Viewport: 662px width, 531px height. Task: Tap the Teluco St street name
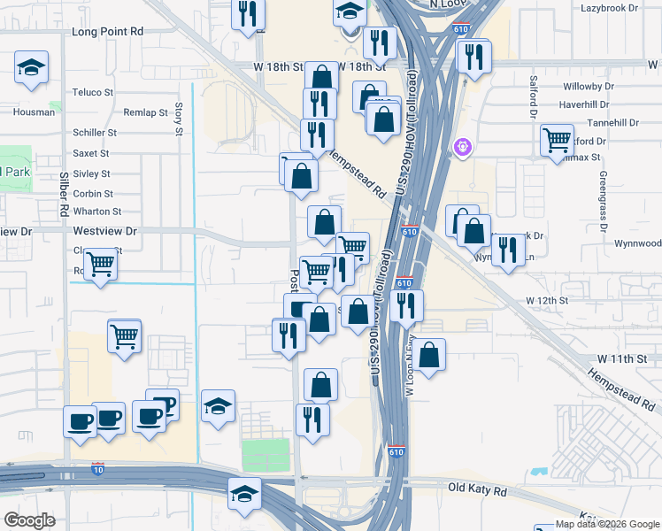coord(93,92)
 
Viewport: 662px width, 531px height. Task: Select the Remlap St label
coord(145,112)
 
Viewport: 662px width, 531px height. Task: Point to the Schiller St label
coord(95,133)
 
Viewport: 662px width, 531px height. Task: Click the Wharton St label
coord(97,212)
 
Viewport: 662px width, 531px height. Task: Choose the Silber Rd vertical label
coord(63,196)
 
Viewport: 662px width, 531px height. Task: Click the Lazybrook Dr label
coord(609,8)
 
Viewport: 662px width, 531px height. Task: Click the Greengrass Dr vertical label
coord(603,200)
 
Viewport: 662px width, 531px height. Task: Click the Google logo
coord(29,519)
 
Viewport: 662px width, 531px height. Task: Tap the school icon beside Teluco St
coord(31,67)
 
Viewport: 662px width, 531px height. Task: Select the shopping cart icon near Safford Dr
coord(557,139)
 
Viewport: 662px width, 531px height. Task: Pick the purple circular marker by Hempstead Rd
coord(461,146)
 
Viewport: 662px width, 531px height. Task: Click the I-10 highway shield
coord(97,466)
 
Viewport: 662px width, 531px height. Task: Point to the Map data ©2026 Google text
coord(607,524)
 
